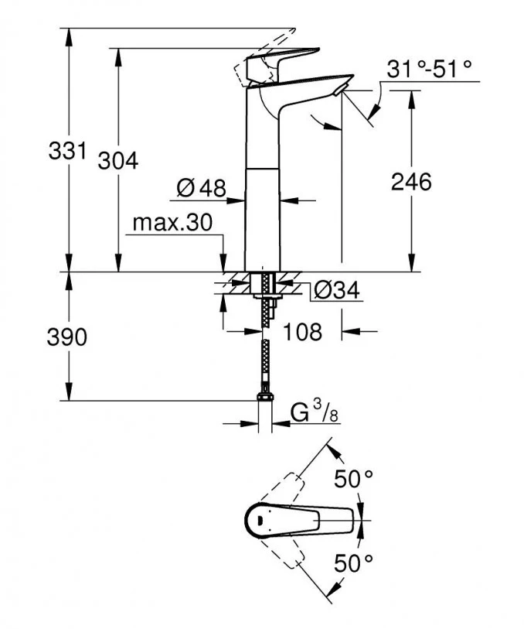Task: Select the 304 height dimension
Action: click(118, 161)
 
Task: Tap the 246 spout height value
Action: click(410, 182)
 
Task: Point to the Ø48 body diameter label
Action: click(200, 188)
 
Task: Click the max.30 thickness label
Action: click(171, 224)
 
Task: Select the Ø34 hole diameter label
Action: click(335, 290)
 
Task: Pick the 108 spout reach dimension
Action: click(303, 332)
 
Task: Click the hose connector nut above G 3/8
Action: click(264, 400)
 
